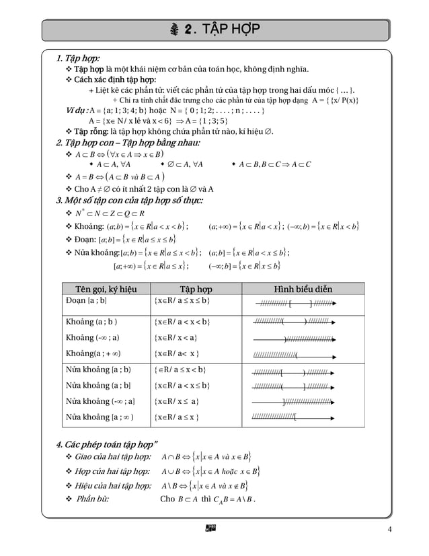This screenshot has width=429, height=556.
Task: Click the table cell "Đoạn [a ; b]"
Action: (86, 300)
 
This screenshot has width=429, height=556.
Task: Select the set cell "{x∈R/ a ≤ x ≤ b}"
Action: (182, 300)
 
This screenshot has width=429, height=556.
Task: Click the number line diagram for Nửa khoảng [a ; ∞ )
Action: (295, 417)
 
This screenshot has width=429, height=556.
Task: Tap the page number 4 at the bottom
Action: (389, 528)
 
